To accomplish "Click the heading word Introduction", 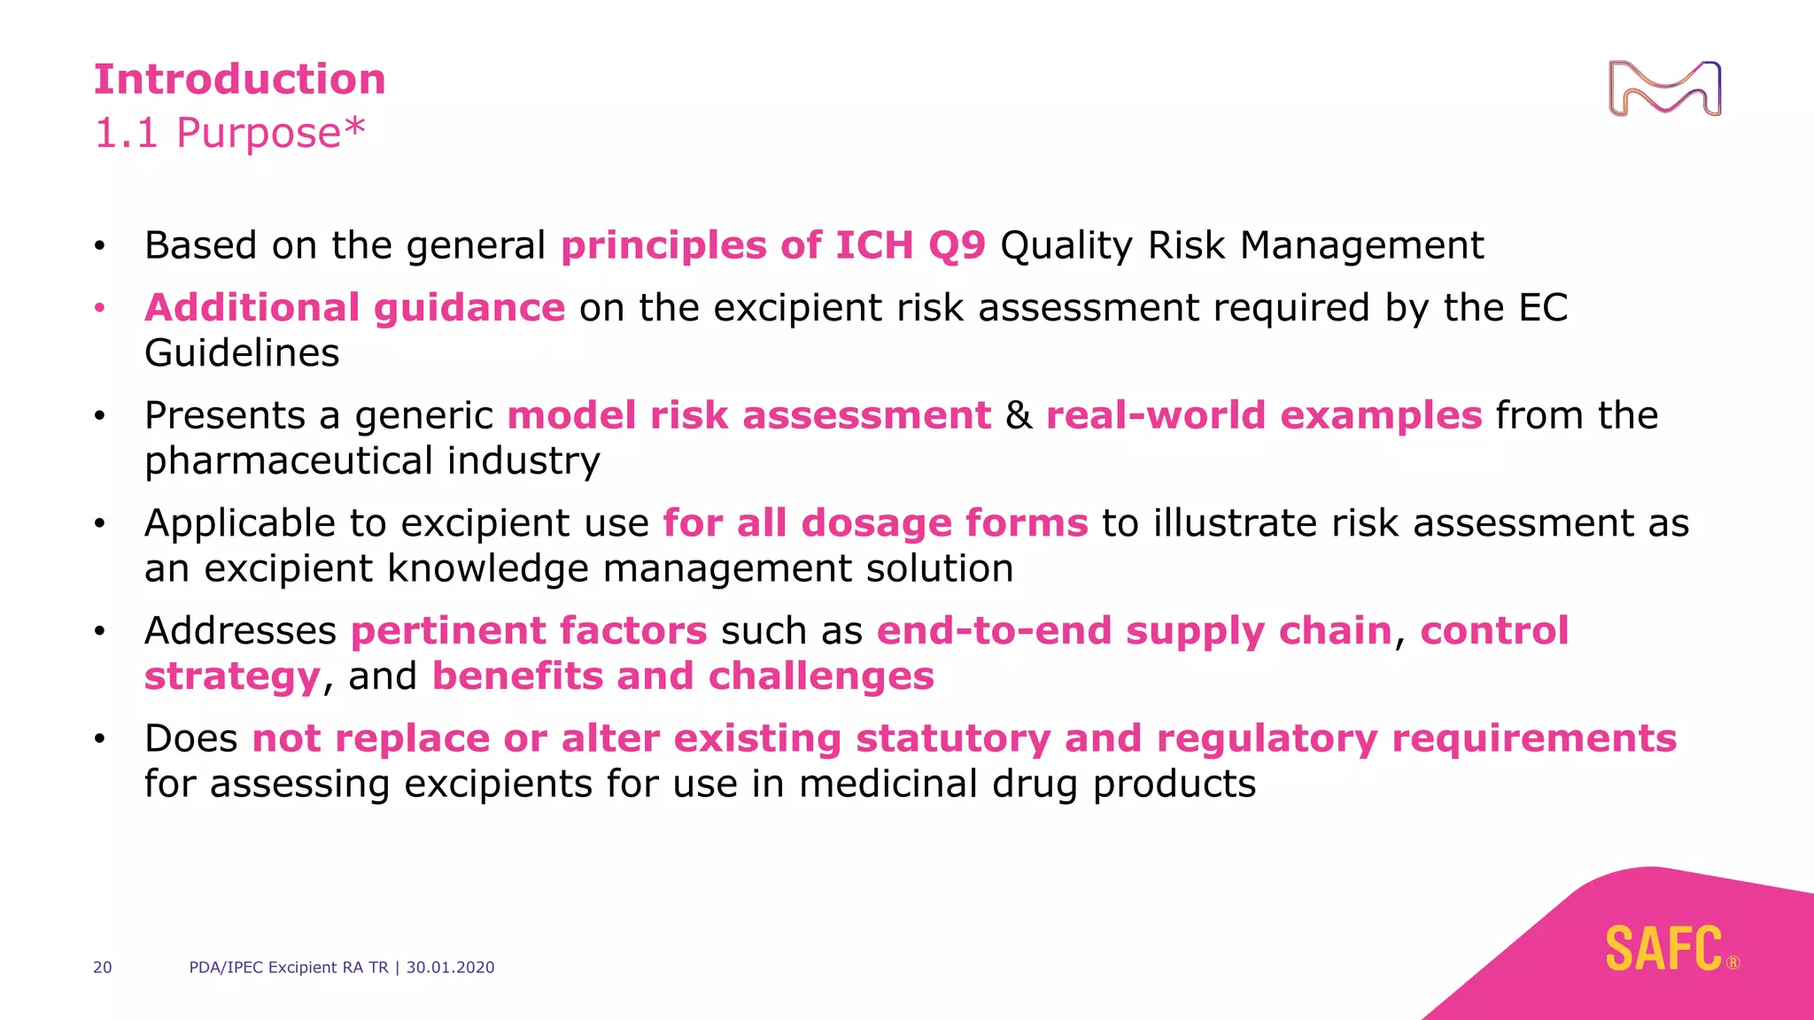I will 239,80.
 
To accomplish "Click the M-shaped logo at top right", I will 1664,89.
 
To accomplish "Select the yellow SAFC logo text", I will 1663,949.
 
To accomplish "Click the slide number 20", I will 103,968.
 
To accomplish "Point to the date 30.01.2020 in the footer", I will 450,968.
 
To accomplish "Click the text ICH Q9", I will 910,245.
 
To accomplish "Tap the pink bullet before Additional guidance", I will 100,308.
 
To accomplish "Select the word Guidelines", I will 242,353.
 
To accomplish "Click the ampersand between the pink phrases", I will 1019,415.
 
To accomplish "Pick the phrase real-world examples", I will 1263,415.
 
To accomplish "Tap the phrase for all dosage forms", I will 875,523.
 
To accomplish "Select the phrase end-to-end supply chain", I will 1134,631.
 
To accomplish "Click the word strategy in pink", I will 232,676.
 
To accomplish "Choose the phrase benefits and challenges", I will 683,676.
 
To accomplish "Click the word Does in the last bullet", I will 190,738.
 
